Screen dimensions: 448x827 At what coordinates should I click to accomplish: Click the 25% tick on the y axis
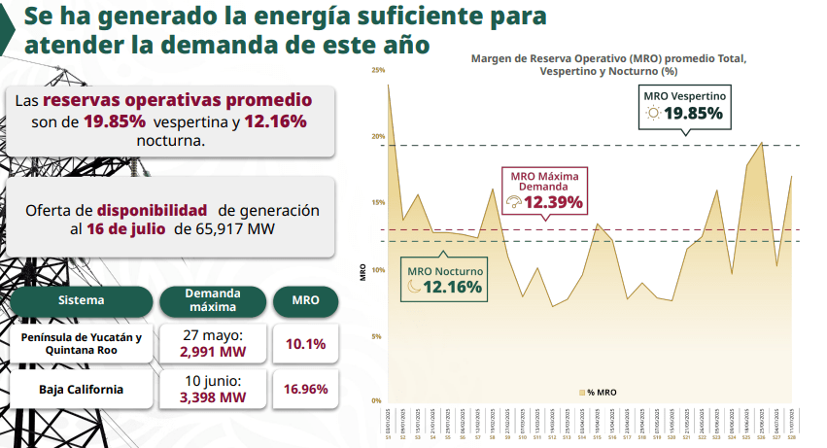tap(378, 70)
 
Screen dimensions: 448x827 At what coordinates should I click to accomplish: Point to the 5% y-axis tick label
tap(377, 336)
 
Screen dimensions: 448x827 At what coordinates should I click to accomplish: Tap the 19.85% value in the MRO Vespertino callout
tap(693, 114)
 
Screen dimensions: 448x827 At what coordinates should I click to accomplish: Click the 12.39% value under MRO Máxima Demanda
tap(553, 203)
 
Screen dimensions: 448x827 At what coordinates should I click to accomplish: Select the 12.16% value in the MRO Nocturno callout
tap(452, 287)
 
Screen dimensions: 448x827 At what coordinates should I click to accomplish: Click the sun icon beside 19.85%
tap(653, 114)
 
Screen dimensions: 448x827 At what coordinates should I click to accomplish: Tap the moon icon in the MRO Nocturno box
tap(414, 287)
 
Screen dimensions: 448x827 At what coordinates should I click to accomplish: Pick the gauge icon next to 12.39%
tap(514, 203)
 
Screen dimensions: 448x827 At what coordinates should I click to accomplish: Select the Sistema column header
tap(81, 300)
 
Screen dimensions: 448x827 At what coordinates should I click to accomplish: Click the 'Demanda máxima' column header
tap(213, 300)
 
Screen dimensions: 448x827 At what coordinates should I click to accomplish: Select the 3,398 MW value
tap(213, 396)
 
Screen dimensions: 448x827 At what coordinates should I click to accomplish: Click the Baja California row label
tap(82, 389)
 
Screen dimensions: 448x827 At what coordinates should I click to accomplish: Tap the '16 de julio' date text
tap(127, 229)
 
